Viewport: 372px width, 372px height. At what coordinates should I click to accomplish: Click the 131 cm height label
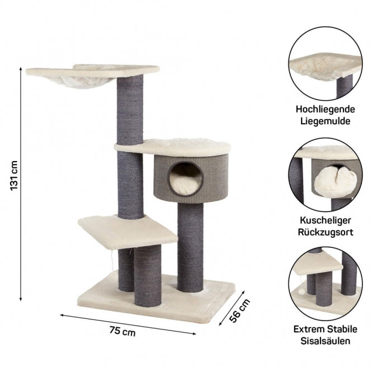(14, 176)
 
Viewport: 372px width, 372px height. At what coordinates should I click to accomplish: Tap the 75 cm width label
(123, 331)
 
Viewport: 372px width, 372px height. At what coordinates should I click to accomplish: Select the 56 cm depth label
(239, 310)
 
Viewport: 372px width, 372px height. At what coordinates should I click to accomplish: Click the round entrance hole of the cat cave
(185, 178)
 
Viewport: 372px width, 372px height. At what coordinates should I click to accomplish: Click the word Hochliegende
(325, 110)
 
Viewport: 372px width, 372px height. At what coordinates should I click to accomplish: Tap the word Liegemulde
(325, 121)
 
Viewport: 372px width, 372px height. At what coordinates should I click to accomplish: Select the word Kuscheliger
(325, 220)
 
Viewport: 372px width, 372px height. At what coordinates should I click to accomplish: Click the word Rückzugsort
(325, 232)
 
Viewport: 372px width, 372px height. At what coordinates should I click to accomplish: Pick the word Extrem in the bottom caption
(309, 329)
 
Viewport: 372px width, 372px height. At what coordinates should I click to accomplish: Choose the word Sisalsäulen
(325, 341)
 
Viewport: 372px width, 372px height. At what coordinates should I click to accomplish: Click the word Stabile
(342, 329)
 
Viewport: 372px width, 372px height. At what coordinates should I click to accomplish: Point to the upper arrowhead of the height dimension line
(21, 69)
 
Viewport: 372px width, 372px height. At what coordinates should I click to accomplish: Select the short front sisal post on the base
(148, 276)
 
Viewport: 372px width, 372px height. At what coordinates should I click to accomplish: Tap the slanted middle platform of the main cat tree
(128, 232)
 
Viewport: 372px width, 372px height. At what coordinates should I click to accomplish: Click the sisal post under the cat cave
(190, 247)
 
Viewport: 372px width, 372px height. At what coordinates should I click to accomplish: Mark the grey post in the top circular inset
(345, 86)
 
